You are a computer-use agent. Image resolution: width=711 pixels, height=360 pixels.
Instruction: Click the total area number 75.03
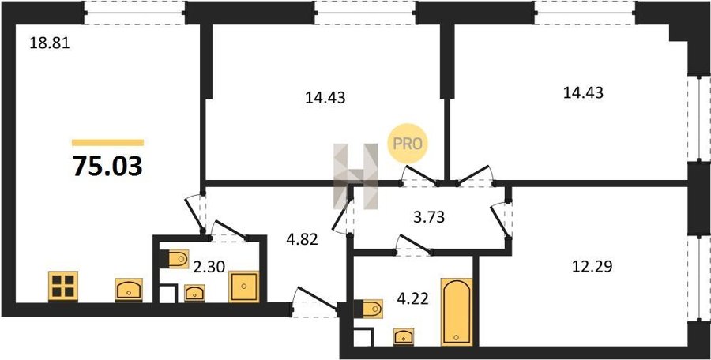(x=108, y=165)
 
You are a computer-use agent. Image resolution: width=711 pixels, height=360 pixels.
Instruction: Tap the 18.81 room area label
(x=50, y=43)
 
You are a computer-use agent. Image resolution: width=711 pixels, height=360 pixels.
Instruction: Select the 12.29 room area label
(x=592, y=268)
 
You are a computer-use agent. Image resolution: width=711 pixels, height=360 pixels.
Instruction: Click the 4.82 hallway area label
(x=303, y=239)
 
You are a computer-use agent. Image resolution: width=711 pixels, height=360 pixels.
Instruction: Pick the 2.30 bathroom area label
(x=209, y=268)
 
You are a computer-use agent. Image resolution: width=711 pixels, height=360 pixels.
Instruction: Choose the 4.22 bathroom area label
(x=412, y=299)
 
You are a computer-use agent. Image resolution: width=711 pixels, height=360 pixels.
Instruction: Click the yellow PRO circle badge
(x=407, y=144)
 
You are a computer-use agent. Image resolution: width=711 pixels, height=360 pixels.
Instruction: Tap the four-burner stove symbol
(x=63, y=286)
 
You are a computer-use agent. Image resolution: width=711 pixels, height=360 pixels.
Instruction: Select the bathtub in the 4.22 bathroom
(x=457, y=312)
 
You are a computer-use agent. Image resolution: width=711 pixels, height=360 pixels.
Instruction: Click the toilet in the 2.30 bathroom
(x=175, y=259)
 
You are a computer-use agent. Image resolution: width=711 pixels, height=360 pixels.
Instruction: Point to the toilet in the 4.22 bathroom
(x=368, y=309)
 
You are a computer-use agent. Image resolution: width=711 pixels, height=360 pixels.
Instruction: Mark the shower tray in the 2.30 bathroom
(x=244, y=287)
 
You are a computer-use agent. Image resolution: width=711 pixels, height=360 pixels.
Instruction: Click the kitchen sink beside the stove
(x=129, y=290)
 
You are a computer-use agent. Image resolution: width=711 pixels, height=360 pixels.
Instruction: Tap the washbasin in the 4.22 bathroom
(x=404, y=337)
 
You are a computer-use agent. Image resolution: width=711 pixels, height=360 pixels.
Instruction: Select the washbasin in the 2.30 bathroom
(x=194, y=293)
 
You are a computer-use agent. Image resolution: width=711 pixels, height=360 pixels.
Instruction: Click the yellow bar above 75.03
(x=108, y=143)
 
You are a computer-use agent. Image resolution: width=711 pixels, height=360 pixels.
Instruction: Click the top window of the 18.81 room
(x=134, y=13)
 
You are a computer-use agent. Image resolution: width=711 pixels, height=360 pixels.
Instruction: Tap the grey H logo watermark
(x=355, y=176)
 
